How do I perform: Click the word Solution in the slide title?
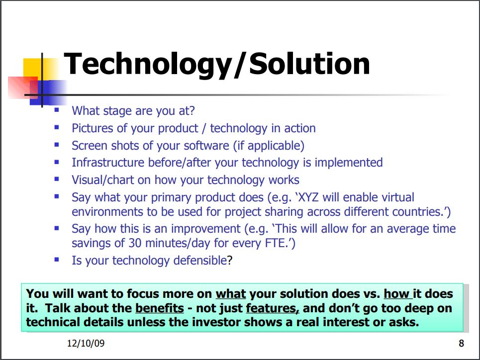[309, 63]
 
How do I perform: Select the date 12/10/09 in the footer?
[86, 343]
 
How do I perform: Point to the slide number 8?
[461, 344]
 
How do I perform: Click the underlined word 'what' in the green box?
[231, 293]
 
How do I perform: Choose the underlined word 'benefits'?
[160, 308]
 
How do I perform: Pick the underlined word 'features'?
[273, 308]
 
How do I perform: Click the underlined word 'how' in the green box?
[397, 293]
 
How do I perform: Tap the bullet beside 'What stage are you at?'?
[57, 110]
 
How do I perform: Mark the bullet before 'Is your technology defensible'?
[57, 260]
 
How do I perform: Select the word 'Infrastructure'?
[108, 163]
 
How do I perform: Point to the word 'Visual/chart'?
[102, 180]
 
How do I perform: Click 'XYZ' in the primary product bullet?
[308, 197]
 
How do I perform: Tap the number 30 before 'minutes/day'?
[135, 243]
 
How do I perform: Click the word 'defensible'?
[200, 261]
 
